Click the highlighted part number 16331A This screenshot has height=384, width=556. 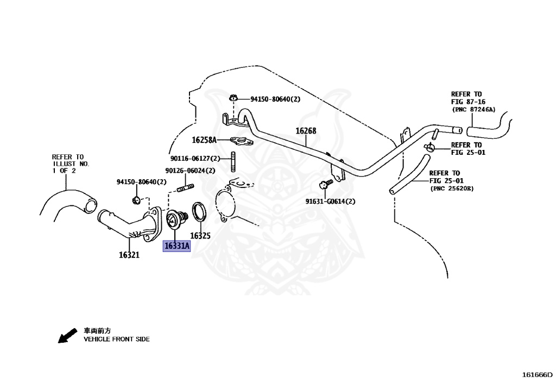(x=177, y=246)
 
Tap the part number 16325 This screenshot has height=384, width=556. (x=200, y=236)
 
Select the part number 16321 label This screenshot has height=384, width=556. (x=130, y=255)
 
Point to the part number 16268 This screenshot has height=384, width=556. (x=306, y=131)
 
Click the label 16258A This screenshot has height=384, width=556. (x=204, y=140)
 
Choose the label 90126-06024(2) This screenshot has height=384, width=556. (x=189, y=171)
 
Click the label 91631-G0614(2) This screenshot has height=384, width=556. (x=330, y=202)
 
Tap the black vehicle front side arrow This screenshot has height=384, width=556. (x=67, y=336)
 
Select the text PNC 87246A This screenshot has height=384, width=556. (x=474, y=110)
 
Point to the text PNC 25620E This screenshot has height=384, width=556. (x=452, y=188)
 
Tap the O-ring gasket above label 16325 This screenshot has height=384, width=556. (x=199, y=213)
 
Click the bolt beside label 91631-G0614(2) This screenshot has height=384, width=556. (x=326, y=184)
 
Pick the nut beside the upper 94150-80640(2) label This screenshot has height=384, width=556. (x=233, y=99)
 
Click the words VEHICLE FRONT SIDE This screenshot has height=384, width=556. (x=116, y=339)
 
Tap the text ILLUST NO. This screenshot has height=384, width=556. (x=71, y=163)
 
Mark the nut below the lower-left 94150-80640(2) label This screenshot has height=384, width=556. (x=136, y=201)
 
